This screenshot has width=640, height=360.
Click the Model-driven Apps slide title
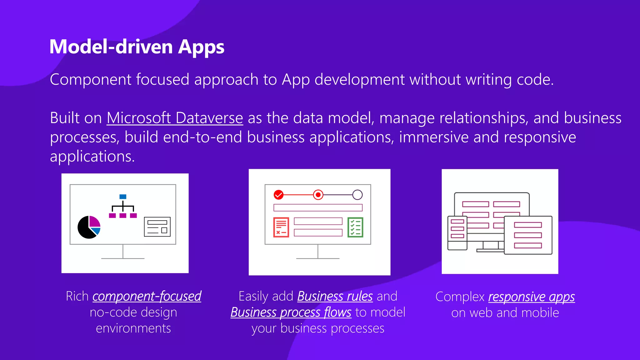pos(137,47)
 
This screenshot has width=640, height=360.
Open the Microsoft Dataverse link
pos(175,118)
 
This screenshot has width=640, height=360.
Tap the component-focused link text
pos(147,296)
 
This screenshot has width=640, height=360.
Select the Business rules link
pos(335,296)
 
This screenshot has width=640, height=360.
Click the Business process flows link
pos(291,312)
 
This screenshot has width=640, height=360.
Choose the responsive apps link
pos(531,297)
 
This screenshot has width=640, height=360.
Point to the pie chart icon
pos(89,227)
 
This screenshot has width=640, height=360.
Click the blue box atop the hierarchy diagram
pos(123,197)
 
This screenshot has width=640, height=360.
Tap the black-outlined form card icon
pos(157,227)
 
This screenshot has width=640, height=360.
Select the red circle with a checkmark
pos(278,195)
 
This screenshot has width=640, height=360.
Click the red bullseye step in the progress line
pos(318,195)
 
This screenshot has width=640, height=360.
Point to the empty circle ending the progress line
pos(357,195)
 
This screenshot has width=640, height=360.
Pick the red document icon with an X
pos(281,227)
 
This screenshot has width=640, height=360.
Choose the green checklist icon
pos(355,227)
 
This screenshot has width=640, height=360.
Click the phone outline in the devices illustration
pos(457,233)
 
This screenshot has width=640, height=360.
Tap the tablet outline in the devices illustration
pos(528,235)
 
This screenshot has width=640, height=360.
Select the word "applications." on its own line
pos(92,156)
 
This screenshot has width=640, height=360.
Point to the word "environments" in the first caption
pos(133,328)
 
